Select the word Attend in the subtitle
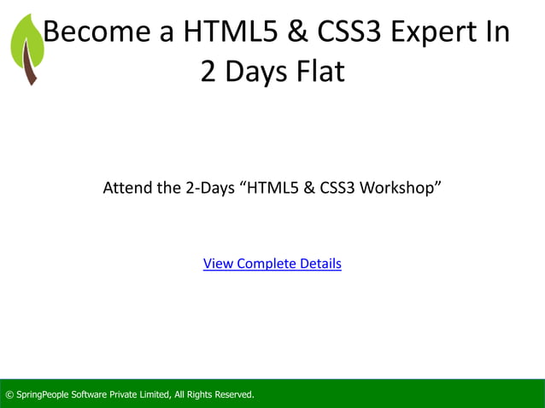[126, 187]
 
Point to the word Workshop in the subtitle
[400, 187]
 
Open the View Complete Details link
[272, 264]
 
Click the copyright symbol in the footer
[9, 394]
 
